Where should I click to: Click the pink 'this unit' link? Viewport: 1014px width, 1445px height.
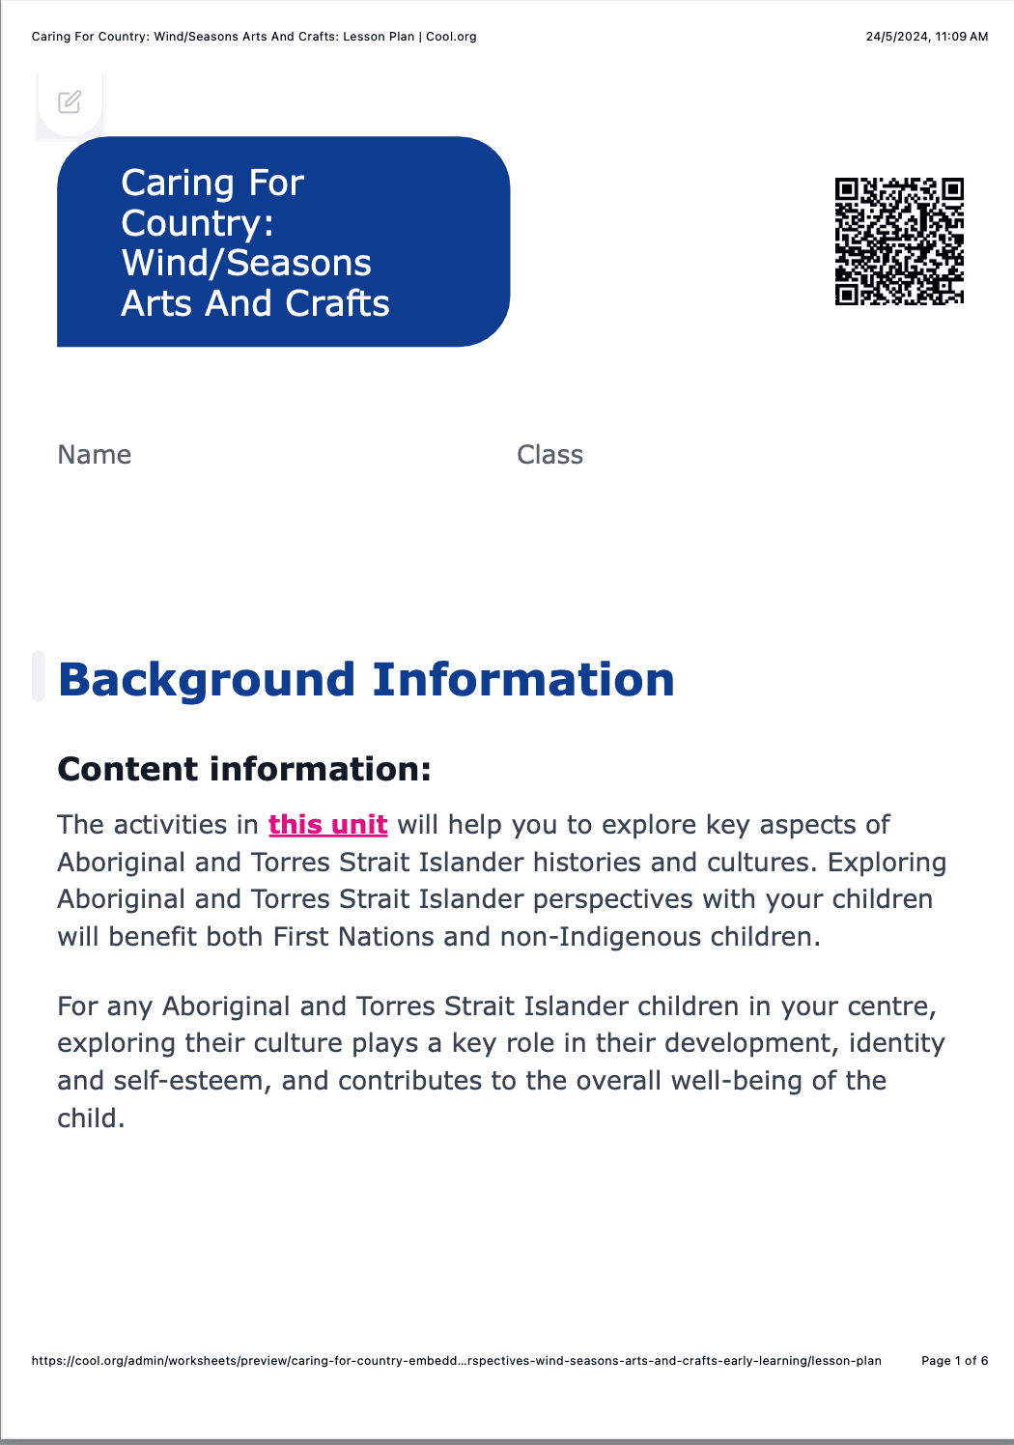pyautogui.click(x=327, y=825)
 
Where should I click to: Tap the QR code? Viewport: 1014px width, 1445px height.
pyautogui.click(x=899, y=241)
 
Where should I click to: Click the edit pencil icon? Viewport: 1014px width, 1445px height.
pyautogui.click(x=70, y=101)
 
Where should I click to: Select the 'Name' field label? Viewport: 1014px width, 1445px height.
pyautogui.click(x=95, y=455)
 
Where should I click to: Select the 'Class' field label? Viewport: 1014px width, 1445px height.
pyautogui.click(x=549, y=455)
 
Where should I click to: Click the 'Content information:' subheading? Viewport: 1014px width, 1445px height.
pyautogui.click(x=244, y=769)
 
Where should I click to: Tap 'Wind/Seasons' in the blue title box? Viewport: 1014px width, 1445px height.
pyautogui.click(x=246, y=263)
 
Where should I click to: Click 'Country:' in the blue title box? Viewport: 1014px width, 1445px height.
pyautogui.click(x=197, y=223)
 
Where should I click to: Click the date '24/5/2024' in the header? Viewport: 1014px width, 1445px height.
pyautogui.click(x=896, y=37)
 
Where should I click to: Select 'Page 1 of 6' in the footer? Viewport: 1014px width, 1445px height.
pyautogui.click(x=954, y=1361)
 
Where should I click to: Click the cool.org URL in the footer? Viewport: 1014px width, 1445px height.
pyautogui.click(x=456, y=1361)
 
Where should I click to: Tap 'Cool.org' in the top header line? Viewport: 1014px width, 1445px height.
pyautogui.click(x=451, y=37)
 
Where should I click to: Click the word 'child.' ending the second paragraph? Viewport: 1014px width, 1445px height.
pyautogui.click(x=91, y=1119)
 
